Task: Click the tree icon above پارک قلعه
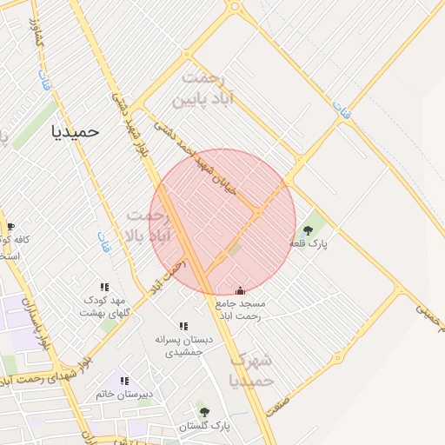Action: [307, 230]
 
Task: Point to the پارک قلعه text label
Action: [311, 245]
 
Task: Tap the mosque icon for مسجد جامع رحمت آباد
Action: [241, 290]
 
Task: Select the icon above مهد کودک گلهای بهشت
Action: [104, 287]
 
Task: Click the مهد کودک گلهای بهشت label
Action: [104, 307]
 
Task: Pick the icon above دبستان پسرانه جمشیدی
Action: [183, 325]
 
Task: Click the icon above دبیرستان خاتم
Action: [124, 381]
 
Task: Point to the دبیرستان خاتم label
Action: [124, 395]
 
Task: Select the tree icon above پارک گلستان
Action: [204, 412]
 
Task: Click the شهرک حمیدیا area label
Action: [251, 370]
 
